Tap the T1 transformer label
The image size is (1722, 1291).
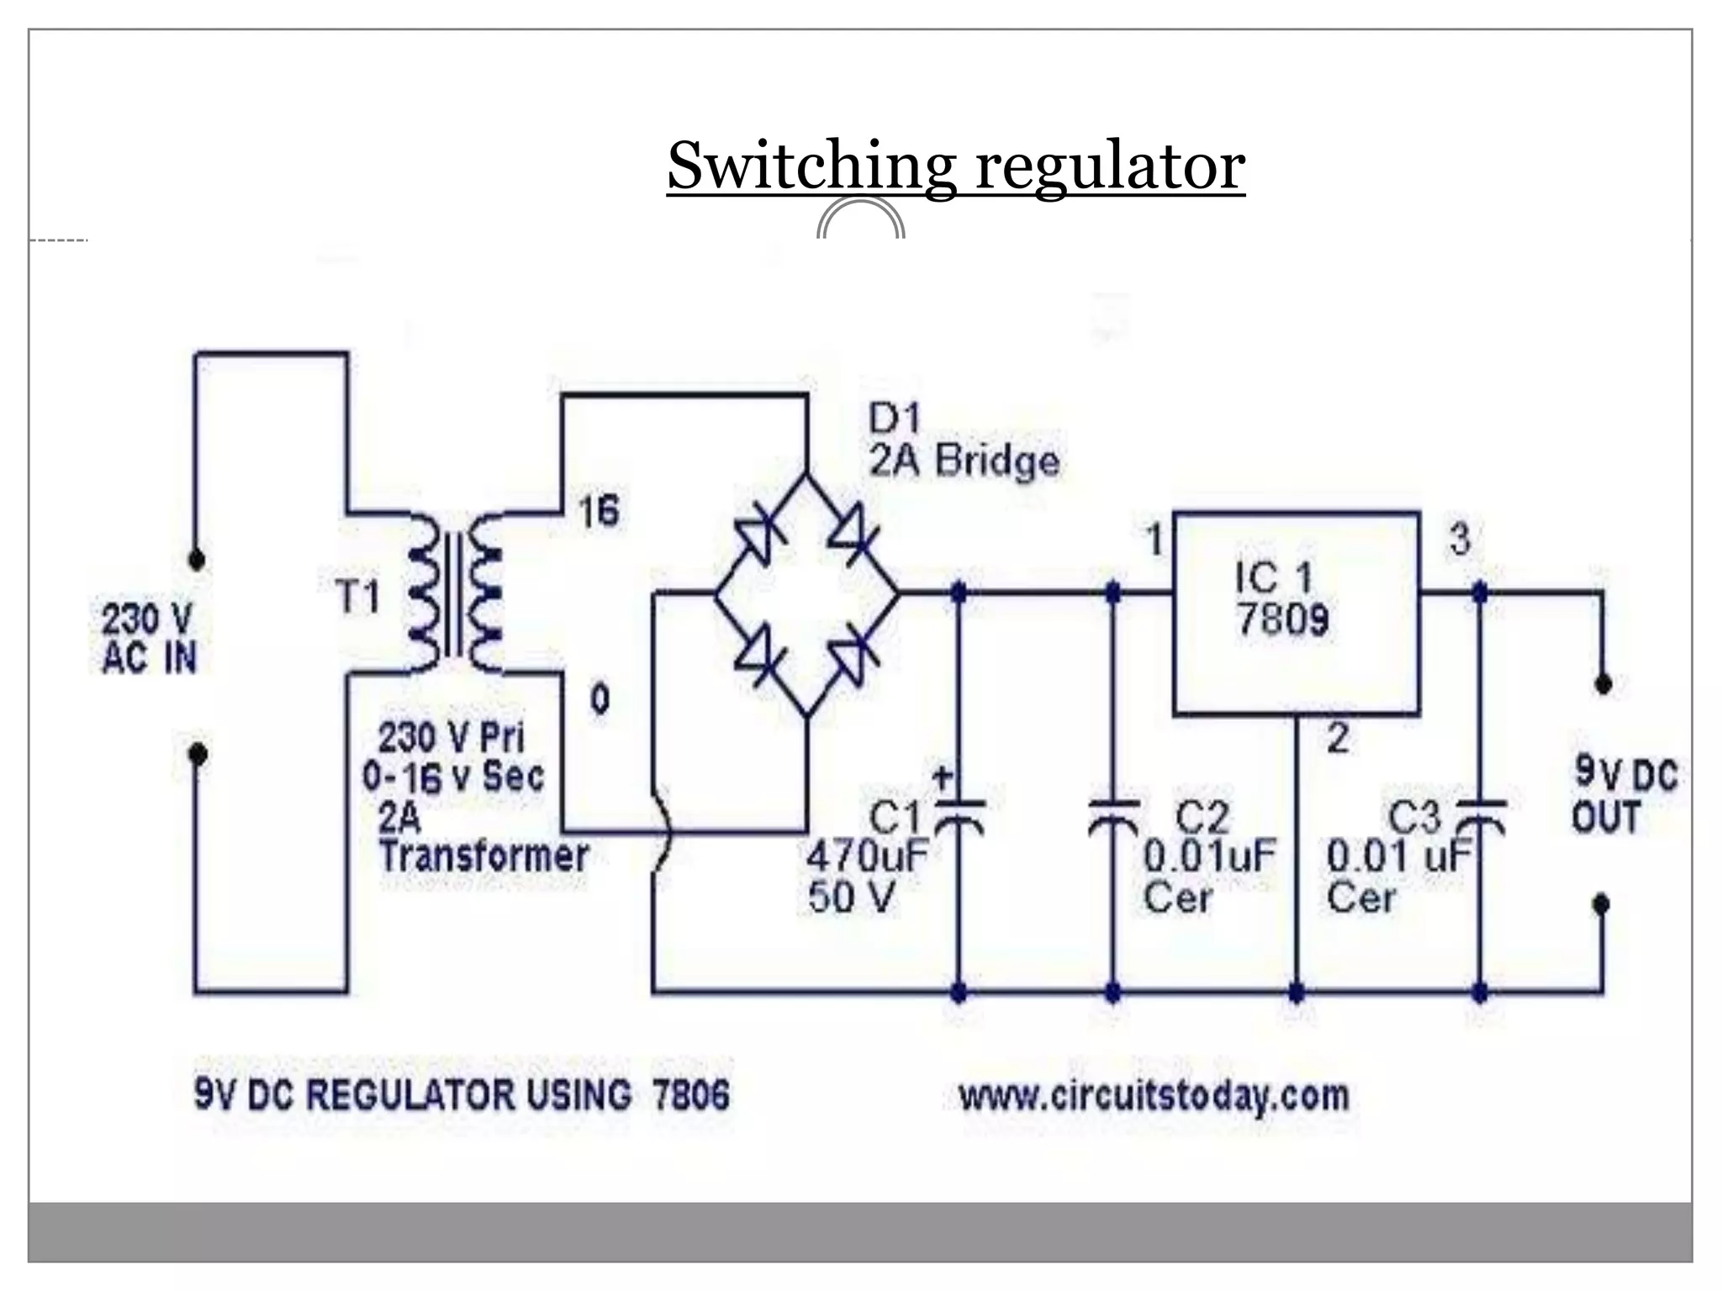[x=358, y=598]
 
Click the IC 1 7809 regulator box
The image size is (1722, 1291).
[x=1296, y=613]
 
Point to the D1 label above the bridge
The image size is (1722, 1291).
[x=895, y=419]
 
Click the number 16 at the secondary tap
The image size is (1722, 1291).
[x=599, y=511]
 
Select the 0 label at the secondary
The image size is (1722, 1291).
[x=600, y=699]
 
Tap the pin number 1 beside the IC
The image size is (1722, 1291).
[x=1155, y=540]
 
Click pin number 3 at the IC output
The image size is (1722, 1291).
[x=1460, y=540]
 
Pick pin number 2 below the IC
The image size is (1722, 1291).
[x=1338, y=739]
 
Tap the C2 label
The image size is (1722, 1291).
[x=1202, y=818]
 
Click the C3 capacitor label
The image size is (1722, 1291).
[x=1414, y=818]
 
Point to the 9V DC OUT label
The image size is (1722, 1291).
[x=1624, y=795]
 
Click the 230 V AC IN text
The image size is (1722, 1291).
[x=149, y=639]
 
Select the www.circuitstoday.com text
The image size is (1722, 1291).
[x=1154, y=1096]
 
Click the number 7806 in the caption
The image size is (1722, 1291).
[x=691, y=1095]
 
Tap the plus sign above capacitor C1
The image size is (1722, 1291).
[x=943, y=778]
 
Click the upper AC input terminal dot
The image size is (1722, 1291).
[x=197, y=560]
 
